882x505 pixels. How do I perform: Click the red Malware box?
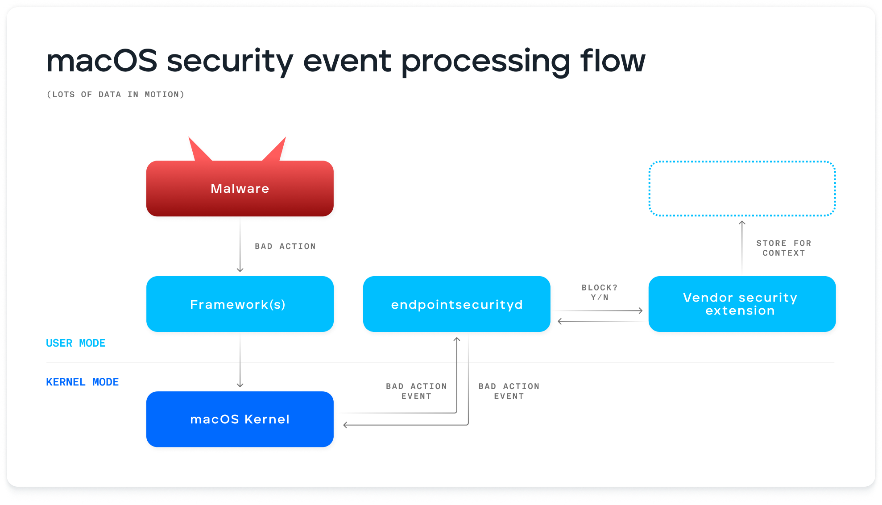[240, 189]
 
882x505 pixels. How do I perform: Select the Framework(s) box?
[240, 304]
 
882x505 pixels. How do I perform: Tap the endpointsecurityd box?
[456, 304]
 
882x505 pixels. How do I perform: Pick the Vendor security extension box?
[741, 304]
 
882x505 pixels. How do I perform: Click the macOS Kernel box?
[240, 419]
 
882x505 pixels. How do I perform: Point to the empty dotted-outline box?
[741, 189]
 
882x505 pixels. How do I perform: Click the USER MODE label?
[76, 343]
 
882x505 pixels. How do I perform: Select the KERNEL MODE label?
[83, 382]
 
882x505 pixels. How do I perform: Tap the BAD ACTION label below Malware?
[285, 246]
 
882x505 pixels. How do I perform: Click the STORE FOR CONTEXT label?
[783, 248]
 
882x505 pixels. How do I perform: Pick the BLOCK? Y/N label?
[599, 292]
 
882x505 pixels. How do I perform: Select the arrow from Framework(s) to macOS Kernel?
[240, 361]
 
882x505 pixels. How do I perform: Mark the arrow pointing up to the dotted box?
[742, 245]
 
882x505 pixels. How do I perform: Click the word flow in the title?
[612, 61]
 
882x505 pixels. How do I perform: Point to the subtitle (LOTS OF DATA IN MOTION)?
[116, 95]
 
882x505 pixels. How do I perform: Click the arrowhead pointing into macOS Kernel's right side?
[345, 425]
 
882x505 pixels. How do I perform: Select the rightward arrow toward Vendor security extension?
[600, 310]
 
